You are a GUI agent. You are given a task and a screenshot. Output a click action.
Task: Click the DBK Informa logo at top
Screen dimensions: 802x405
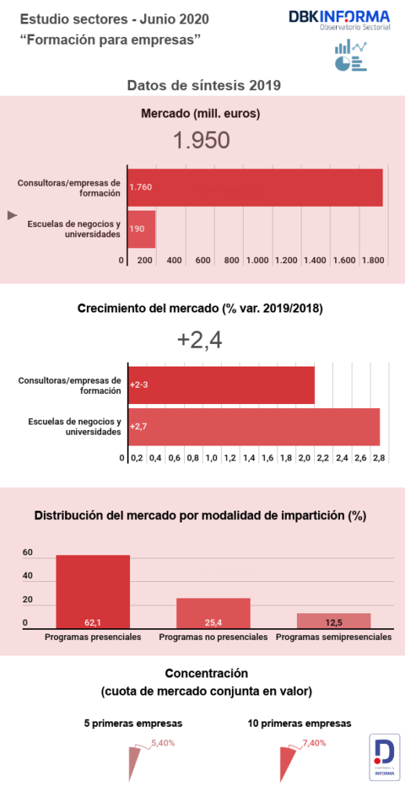(338, 20)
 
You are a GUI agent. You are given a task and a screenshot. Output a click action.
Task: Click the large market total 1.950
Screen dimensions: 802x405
(201, 140)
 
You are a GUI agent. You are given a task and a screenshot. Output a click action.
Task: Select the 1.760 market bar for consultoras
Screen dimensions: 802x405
(255, 188)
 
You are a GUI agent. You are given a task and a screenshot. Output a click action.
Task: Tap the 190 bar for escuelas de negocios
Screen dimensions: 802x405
(142, 229)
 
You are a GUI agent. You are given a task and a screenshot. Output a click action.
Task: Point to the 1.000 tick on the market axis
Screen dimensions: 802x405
(259, 260)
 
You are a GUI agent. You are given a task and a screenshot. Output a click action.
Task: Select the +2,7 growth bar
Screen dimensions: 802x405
(253, 427)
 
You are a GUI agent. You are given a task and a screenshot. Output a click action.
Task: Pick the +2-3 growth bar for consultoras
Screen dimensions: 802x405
(221, 385)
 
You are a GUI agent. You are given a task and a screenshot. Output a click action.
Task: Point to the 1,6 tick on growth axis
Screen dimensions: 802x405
(268, 457)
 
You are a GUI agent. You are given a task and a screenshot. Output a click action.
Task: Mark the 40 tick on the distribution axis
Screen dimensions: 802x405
(27, 576)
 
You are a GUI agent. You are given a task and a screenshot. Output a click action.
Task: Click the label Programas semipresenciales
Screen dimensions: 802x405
(334, 638)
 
